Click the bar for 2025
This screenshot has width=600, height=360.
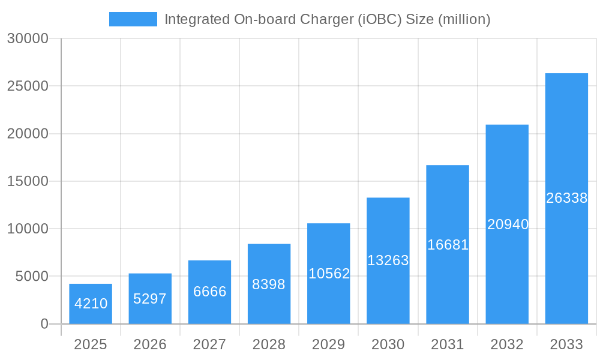tap(91, 304)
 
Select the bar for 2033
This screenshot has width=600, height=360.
tap(566, 199)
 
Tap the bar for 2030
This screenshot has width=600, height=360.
tap(388, 260)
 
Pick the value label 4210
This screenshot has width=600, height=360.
tap(91, 304)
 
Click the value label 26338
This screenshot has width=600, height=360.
tap(566, 198)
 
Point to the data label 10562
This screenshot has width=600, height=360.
tap(329, 274)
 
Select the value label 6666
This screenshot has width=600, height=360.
tap(209, 292)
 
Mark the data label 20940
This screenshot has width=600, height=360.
tap(508, 224)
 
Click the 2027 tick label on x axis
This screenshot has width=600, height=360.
tap(209, 344)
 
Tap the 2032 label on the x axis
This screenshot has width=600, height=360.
tap(507, 344)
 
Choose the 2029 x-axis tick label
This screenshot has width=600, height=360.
tap(329, 344)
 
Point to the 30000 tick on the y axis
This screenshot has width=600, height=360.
tap(27, 38)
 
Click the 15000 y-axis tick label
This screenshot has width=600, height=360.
tap(27, 181)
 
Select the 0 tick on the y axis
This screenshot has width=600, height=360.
tap(44, 324)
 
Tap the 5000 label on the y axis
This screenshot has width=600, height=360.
tap(31, 277)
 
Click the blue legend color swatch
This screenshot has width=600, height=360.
tap(133, 19)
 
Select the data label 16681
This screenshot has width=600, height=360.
tap(448, 245)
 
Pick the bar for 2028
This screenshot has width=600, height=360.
tap(269, 284)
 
